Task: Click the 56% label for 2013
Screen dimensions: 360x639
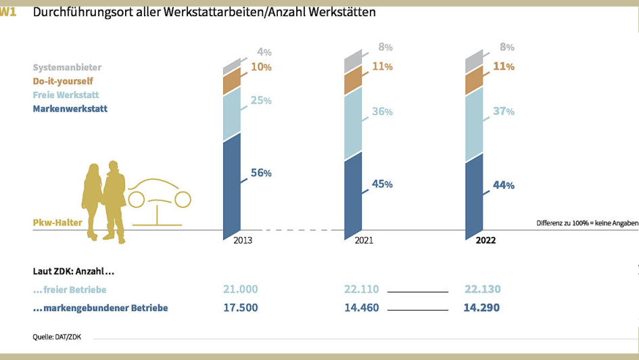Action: point(261,173)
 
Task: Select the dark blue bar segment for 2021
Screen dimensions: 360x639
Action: point(353,196)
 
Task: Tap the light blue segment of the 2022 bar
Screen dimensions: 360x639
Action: point(474,122)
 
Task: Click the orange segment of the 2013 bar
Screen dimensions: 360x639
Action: point(232,82)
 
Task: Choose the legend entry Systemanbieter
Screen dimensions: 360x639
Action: point(67,68)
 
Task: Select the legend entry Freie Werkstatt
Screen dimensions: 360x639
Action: point(65,95)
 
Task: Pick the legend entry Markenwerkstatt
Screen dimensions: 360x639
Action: point(70,108)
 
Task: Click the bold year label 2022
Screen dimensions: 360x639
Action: point(486,240)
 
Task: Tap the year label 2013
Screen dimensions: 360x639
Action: point(243,240)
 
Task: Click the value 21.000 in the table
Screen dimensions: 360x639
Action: point(240,289)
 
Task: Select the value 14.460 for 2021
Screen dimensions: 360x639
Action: point(361,308)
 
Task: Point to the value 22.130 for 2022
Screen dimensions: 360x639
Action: point(483,289)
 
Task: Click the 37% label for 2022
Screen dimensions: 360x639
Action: point(503,111)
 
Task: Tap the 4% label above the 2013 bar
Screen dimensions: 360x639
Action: point(264,51)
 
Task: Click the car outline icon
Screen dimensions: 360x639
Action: point(160,200)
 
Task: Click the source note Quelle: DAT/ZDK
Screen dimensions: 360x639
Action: point(57,336)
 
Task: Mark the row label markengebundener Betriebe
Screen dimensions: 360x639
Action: point(100,308)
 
